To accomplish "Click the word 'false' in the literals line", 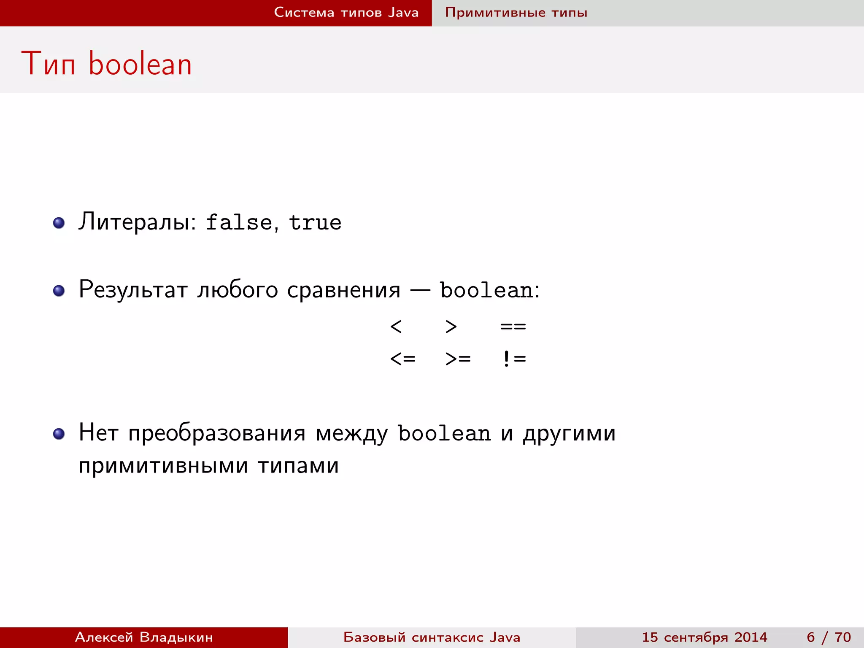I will point(239,222).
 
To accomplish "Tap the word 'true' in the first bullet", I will point(315,222).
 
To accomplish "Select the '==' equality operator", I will point(513,326).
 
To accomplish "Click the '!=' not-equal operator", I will point(514,359).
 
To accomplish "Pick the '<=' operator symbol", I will point(403,359).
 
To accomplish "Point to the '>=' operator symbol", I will point(458,359).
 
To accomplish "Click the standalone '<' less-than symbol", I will point(396,326).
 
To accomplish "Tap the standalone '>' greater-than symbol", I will point(451,326).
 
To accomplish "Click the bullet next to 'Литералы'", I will point(59,223).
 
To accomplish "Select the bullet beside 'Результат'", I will point(59,291).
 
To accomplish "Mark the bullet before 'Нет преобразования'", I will point(59,434).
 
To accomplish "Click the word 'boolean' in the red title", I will point(140,64).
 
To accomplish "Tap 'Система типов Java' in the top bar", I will point(346,12).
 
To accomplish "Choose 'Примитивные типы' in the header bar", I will point(516,13).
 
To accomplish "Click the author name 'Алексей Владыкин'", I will point(144,637).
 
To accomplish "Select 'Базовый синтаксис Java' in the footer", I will point(432,637).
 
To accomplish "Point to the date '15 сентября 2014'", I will point(704,637).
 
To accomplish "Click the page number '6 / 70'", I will point(829,637).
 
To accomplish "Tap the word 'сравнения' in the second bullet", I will point(343,291).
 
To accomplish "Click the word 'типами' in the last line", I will point(298,466).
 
